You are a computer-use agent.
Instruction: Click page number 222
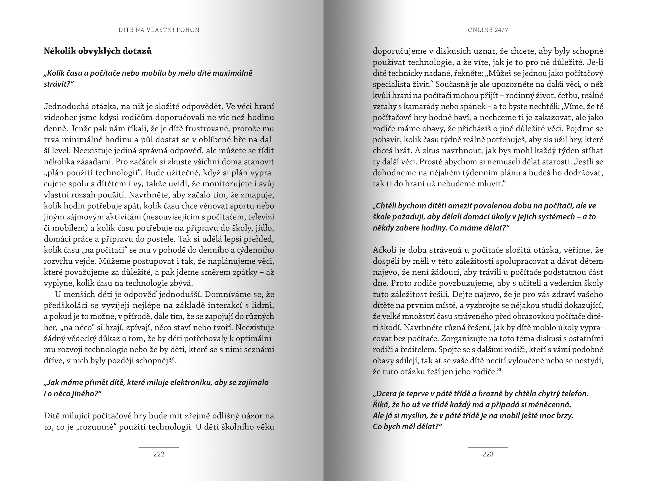coord(159,454)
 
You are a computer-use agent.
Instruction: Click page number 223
coord(488,454)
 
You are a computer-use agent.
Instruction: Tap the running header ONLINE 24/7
coord(488,30)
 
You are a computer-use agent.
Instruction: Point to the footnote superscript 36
coord(500,369)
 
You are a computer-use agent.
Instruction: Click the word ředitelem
coord(420,350)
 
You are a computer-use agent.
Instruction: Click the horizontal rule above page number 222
coord(159,447)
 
